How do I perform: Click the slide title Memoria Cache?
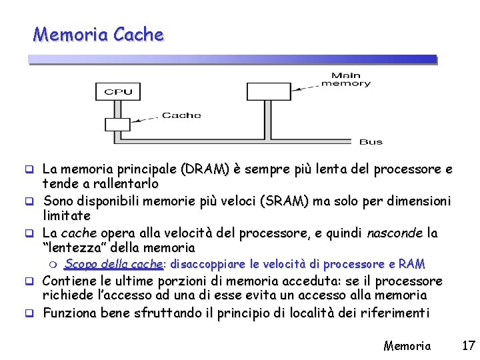[x=99, y=34]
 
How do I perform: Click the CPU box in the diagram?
[x=119, y=91]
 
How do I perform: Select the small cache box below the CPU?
[x=117, y=124]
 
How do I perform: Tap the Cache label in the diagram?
[x=181, y=115]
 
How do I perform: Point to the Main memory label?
[x=346, y=79]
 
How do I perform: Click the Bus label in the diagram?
[x=371, y=142]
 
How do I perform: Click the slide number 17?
[x=468, y=345]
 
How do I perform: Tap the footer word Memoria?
[x=407, y=345]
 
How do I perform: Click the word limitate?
[x=67, y=216]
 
